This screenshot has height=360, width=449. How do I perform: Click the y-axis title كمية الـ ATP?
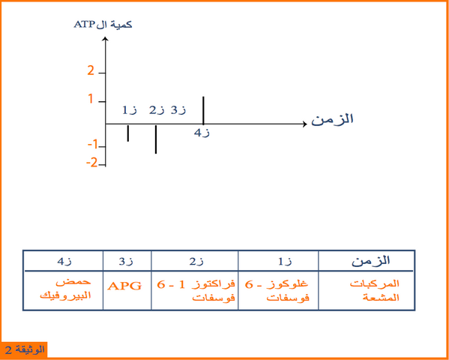(103, 25)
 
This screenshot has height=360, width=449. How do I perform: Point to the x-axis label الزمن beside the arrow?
(332, 118)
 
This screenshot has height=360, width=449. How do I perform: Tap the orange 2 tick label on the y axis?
(91, 70)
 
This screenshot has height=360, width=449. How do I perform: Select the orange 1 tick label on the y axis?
(91, 99)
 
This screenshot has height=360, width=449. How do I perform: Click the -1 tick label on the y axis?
(92, 145)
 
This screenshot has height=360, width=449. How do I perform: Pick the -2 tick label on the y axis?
(92, 163)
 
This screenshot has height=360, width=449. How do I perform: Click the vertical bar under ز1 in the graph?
(128, 133)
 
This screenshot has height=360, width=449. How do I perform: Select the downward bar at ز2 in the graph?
(156, 139)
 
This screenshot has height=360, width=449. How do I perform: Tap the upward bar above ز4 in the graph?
(203, 110)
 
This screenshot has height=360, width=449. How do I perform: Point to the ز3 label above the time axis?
(178, 110)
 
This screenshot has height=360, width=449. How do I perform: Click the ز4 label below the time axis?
(202, 133)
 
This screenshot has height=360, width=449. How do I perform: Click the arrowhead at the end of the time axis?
(304, 124)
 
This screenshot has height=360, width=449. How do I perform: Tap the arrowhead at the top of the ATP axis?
(106, 39)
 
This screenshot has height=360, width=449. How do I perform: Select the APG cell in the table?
(124, 286)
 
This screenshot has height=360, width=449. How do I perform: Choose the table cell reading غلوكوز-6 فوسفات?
(277, 291)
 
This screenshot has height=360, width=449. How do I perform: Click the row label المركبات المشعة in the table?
(375, 291)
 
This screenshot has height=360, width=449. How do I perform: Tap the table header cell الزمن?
(371, 260)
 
